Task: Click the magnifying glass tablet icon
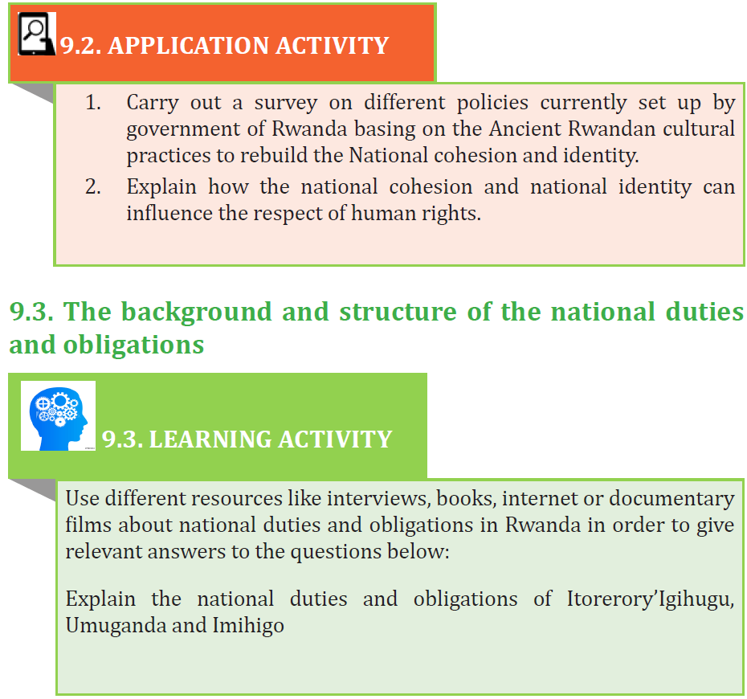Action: pyautogui.click(x=37, y=34)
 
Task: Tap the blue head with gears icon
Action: pyautogui.click(x=58, y=416)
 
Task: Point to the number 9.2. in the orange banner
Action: pyautogui.click(x=80, y=46)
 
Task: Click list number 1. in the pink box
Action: pyautogui.click(x=93, y=103)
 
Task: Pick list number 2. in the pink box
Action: pyautogui.click(x=93, y=186)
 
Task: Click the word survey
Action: pyautogui.click(x=285, y=104)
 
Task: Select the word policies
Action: pyautogui.click(x=492, y=104)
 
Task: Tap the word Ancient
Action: pyautogui.click(x=523, y=129)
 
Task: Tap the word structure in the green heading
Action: pyautogui.click(x=398, y=312)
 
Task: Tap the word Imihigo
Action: pyautogui.click(x=248, y=626)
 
